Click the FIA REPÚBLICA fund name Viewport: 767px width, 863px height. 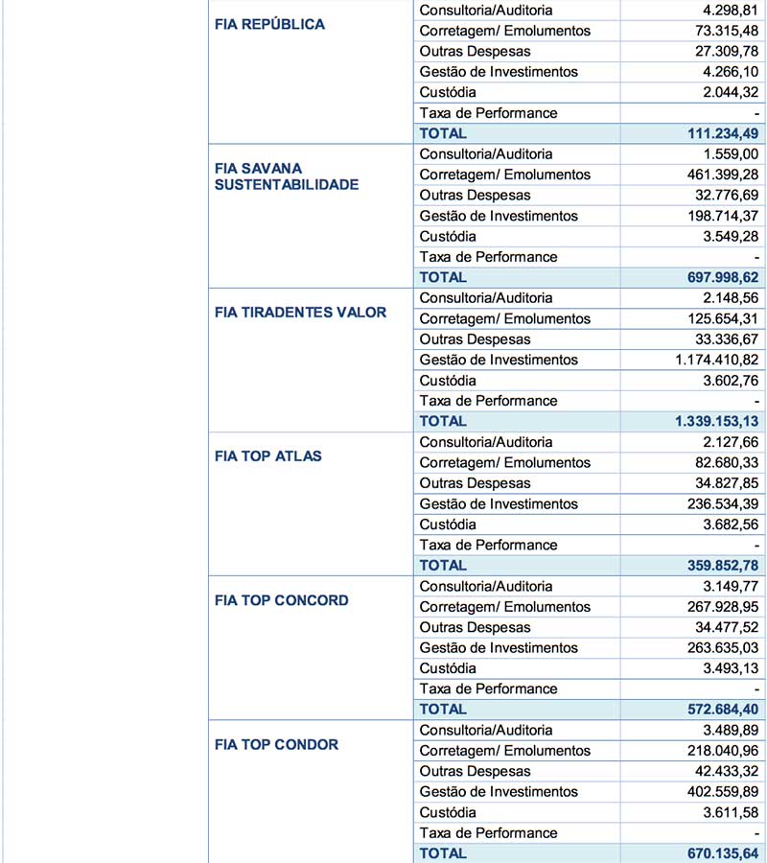click(x=269, y=25)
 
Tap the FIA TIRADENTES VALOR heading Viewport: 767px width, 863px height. click(x=300, y=313)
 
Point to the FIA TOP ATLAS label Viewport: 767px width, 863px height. click(x=268, y=456)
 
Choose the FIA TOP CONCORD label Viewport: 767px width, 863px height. click(x=282, y=600)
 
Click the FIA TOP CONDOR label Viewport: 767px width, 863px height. click(x=276, y=745)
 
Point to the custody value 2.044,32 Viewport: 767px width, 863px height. click(x=725, y=93)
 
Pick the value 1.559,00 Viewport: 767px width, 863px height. click(x=725, y=154)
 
